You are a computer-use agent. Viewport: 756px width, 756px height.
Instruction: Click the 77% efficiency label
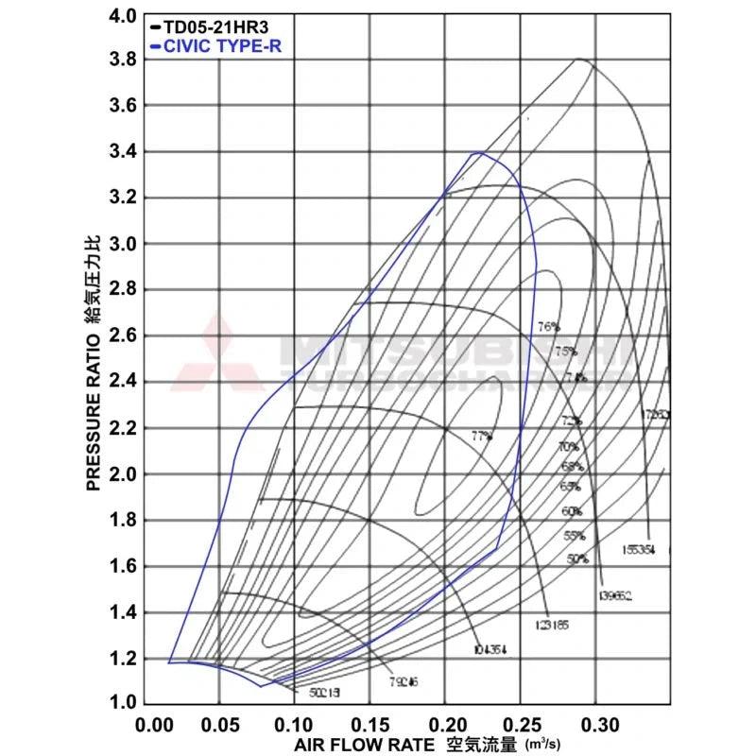[482, 436]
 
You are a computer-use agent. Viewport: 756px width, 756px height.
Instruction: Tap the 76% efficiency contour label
[548, 327]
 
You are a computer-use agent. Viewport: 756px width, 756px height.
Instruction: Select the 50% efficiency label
[577, 558]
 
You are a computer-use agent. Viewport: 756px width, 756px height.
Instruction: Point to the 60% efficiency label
[572, 511]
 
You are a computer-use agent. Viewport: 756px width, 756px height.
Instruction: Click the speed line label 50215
[324, 693]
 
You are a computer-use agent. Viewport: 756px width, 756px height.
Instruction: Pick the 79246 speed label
[404, 681]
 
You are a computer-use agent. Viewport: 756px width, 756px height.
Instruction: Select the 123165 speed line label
[552, 625]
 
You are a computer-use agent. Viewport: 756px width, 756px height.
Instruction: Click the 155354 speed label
[640, 549]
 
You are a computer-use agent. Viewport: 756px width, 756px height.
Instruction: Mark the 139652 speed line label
[615, 595]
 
